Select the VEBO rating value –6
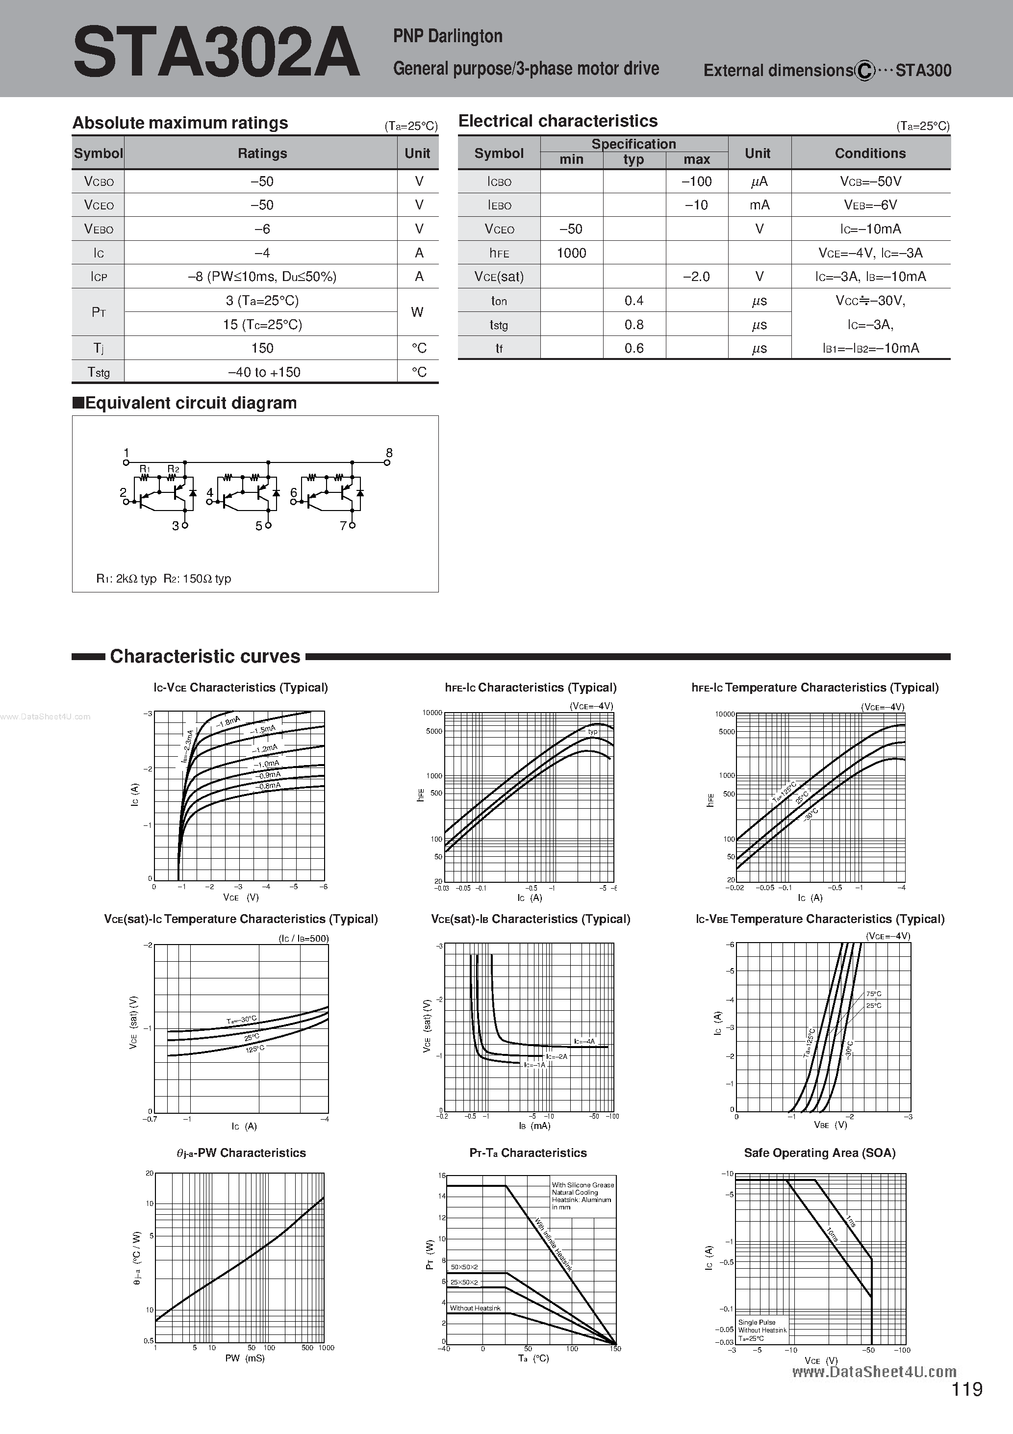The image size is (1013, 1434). (262, 229)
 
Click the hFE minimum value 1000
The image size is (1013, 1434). (571, 253)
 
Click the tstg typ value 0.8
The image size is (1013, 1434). (633, 325)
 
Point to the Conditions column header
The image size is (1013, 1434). (870, 154)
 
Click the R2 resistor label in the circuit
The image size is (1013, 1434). (173, 469)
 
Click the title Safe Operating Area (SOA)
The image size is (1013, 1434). (819, 1153)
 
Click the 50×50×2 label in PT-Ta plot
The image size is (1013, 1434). (464, 1267)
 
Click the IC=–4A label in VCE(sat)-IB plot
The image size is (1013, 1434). (584, 1042)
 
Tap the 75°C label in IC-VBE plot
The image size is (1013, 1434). (873, 994)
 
